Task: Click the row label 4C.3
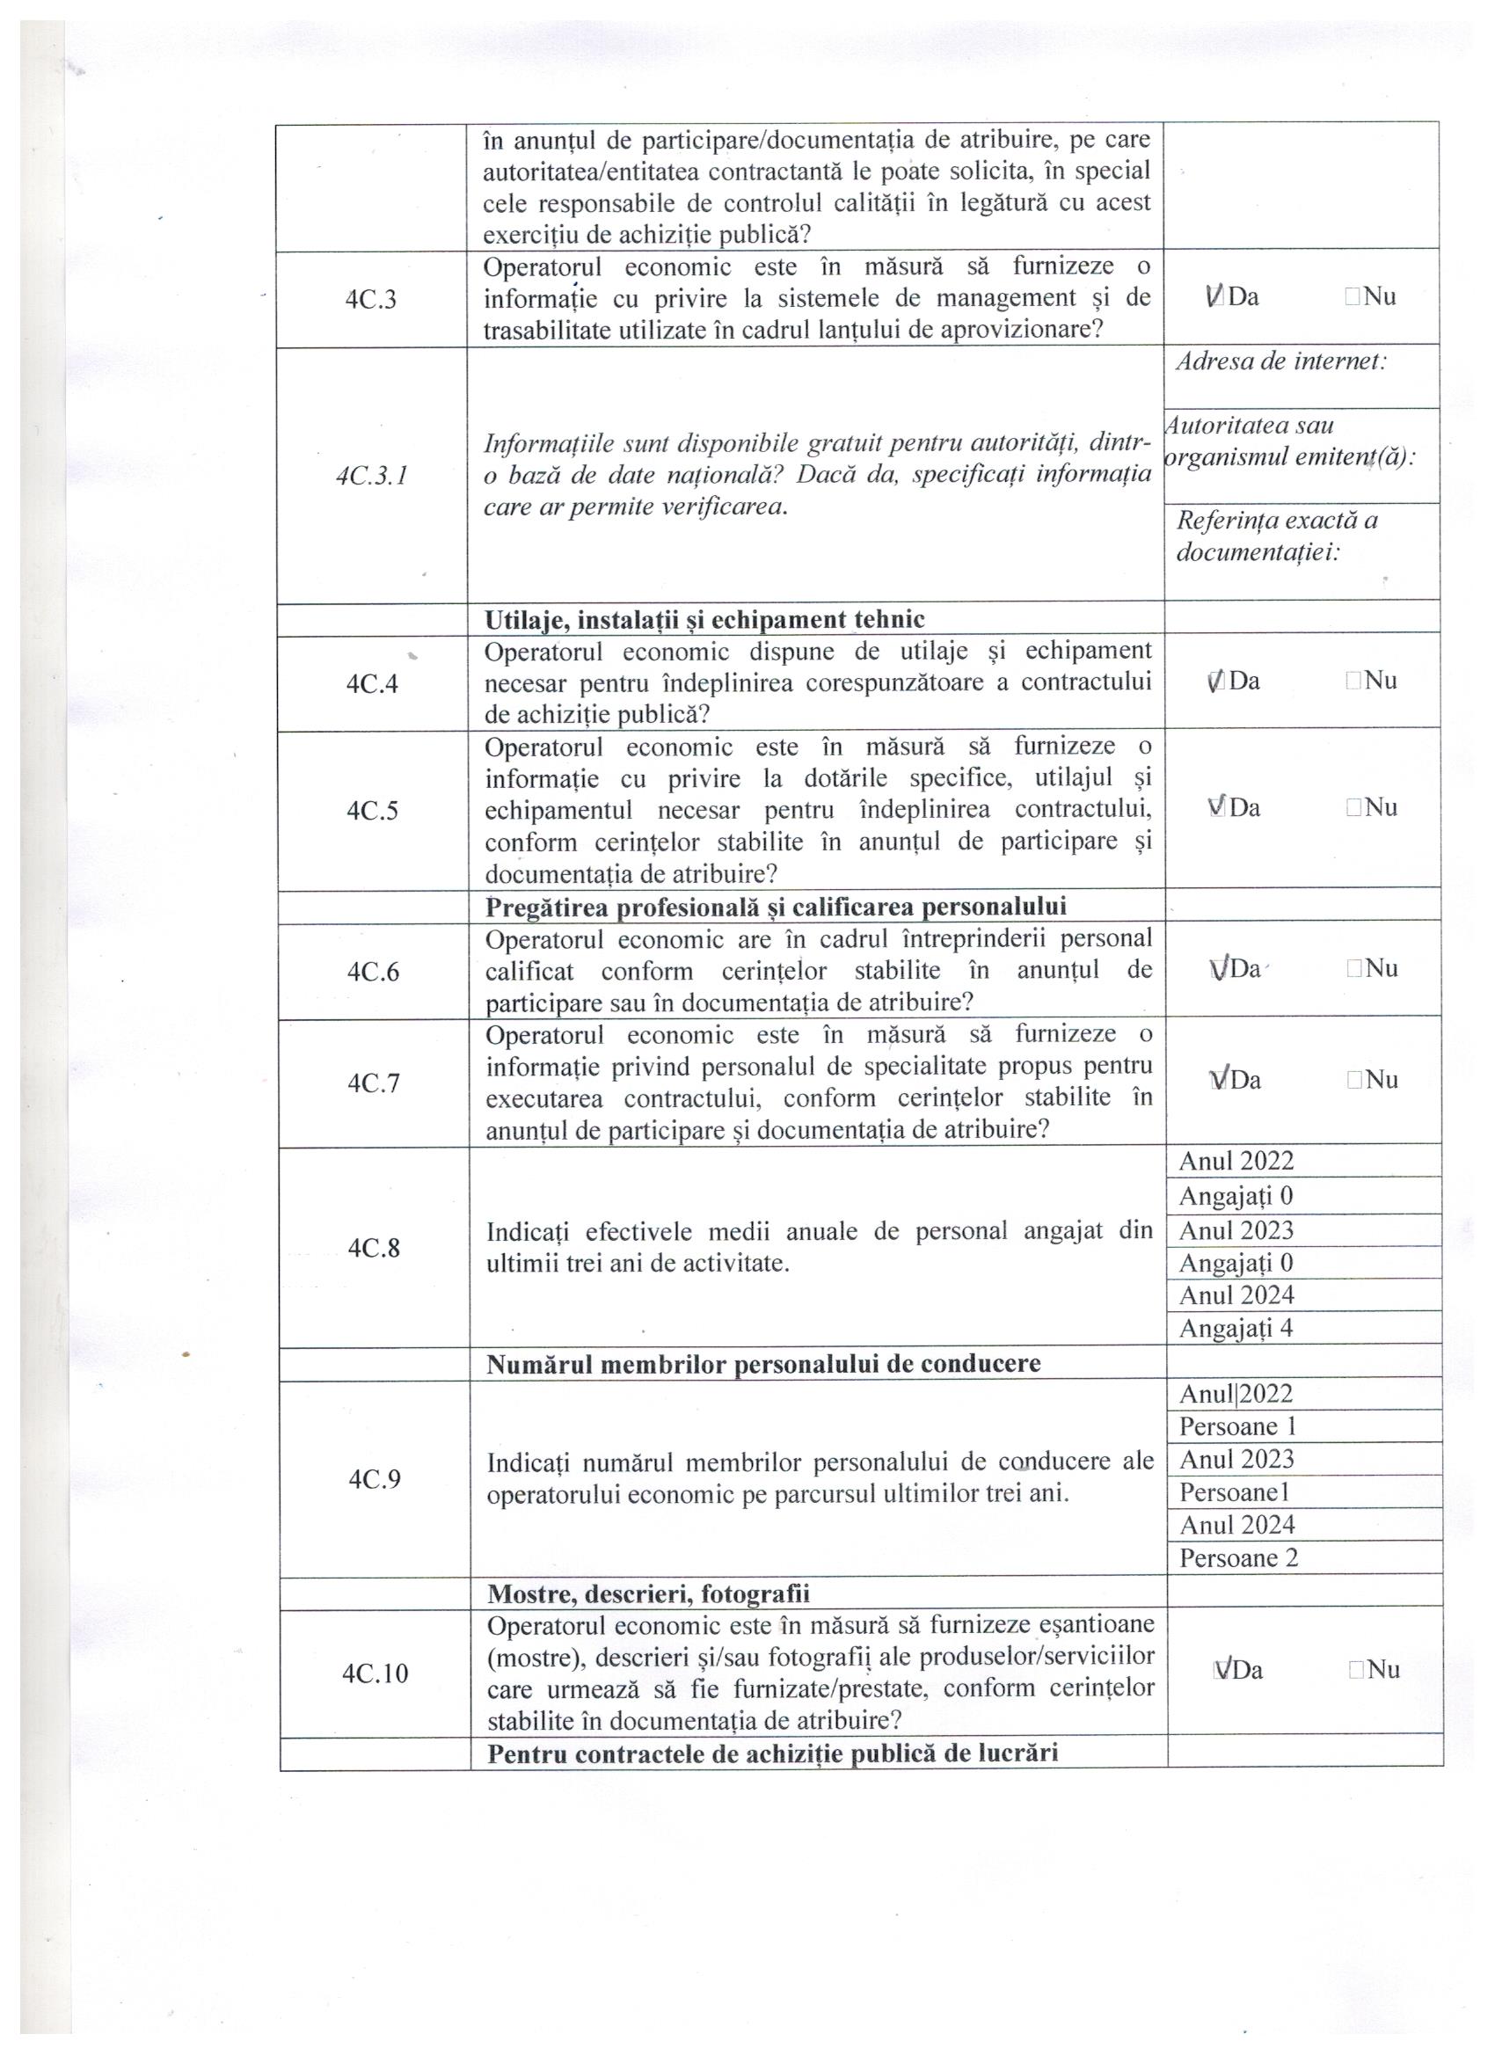(x=371, y=300)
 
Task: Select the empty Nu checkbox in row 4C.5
(x=1353, y=807)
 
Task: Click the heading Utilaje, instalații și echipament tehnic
(x=704, y=619)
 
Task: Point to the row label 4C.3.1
(x=371, y=476)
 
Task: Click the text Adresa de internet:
(x=1280, y=361)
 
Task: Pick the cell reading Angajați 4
(x=1236, y=1328)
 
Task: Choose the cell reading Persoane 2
(x=1238, y=1557)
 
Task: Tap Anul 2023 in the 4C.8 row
(x=1236, y=1230)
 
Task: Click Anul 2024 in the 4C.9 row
(x=1236, y=1525)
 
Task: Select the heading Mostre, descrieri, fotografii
(x=648, y=1593)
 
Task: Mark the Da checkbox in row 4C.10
(x=1221, y=1670)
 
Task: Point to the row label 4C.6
(x=373, y=972)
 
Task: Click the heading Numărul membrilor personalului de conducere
(x=763, y=1363)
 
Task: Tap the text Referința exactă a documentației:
(x=1277, y=536)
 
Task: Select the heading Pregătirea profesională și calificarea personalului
(x=776, y=906)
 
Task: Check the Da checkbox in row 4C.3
(x=1215, y=295)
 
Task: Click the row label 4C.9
(x=375, y=1479)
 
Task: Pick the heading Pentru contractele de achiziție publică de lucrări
(x=772, y=1752)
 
